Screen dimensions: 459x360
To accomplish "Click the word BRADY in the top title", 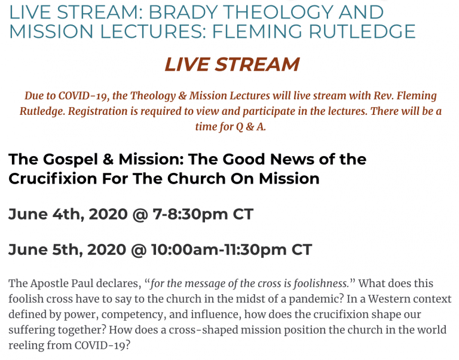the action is pyautogui.click(x=183, y=13).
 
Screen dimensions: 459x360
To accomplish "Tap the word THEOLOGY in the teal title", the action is pyautogui.click(x=280, y=13).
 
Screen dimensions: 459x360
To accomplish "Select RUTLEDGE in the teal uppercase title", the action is pyautogui.click(x=362, y=32).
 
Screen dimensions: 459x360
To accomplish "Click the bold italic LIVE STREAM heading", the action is pyautogui.click(x=232, y=65).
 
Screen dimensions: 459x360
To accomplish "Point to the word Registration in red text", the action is pyautogui.click(x=103, y=112).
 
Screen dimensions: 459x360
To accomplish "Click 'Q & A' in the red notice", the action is pyautogui.click(x=250, y=127).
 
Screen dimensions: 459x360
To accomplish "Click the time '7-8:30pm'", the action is pyautogui.click(x=190, y=215).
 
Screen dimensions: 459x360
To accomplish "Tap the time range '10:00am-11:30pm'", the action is pyautogui.click(x=219, y=250).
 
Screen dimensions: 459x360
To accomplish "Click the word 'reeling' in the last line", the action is pyautogui.click(x=26, y=346).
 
